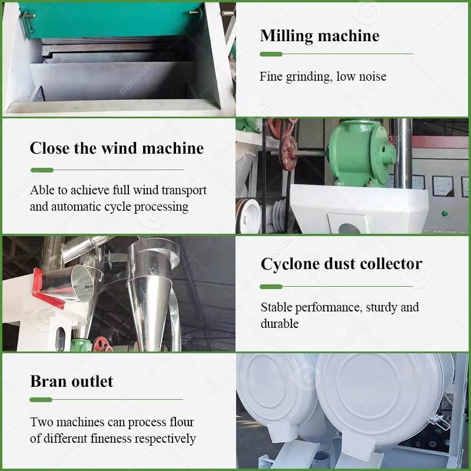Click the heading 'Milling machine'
coord(320,36)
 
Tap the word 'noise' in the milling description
coord(373,77)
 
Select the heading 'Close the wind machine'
coord(117,148)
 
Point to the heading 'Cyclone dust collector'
coord(341,264)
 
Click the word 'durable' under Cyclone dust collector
coord(280,323)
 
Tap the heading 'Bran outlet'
coord(71,381)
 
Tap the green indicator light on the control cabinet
coord(445,214)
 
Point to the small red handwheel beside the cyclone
coord(100,344)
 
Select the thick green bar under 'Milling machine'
coord(271,54)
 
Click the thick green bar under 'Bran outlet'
coord(41,400)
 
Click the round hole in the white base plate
coord(349,228)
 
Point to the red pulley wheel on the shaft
coord(288,152)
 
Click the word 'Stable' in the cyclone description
coord(276,307)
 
